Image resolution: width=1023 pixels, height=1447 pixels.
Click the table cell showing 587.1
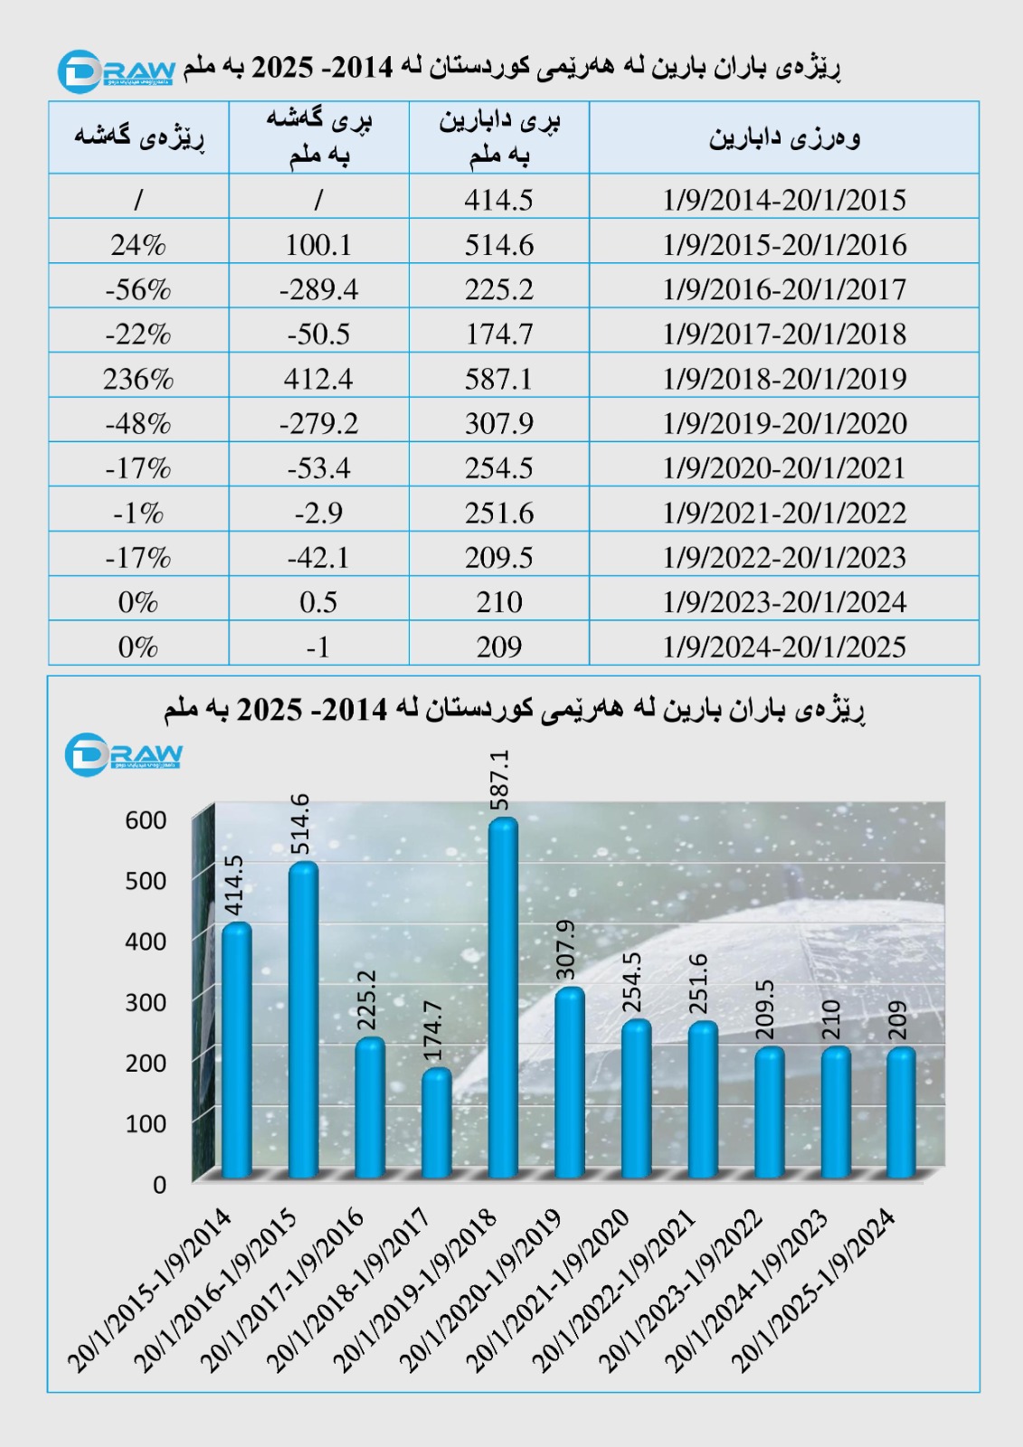(499, 378)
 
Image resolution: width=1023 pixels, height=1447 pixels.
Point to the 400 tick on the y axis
(146, 941)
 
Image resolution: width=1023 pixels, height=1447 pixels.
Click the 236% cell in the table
(138, 378)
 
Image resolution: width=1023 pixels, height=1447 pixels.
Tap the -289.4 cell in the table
(318, 289)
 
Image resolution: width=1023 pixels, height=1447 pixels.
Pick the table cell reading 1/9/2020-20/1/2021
(784, 468)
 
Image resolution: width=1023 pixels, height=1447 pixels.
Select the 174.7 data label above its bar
(433, 1031)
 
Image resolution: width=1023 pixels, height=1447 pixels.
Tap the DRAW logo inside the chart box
(123, 753)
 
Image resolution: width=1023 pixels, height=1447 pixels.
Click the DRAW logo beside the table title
(116, 71)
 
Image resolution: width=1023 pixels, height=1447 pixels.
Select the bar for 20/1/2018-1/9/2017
(437, 1123)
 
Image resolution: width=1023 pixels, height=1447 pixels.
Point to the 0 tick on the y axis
(159, 1185)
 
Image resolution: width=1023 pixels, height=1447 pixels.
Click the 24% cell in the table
(138, 245)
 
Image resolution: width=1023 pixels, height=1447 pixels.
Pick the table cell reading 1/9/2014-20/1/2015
(784, 200)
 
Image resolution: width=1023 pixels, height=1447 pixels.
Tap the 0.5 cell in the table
(318, 602)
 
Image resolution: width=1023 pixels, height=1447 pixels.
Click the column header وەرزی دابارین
(784, 137)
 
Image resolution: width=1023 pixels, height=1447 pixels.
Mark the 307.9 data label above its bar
(566, 950)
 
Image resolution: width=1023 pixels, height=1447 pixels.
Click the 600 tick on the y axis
(146, 820)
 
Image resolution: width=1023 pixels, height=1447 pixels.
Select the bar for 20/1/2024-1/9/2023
(836, 1112)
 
